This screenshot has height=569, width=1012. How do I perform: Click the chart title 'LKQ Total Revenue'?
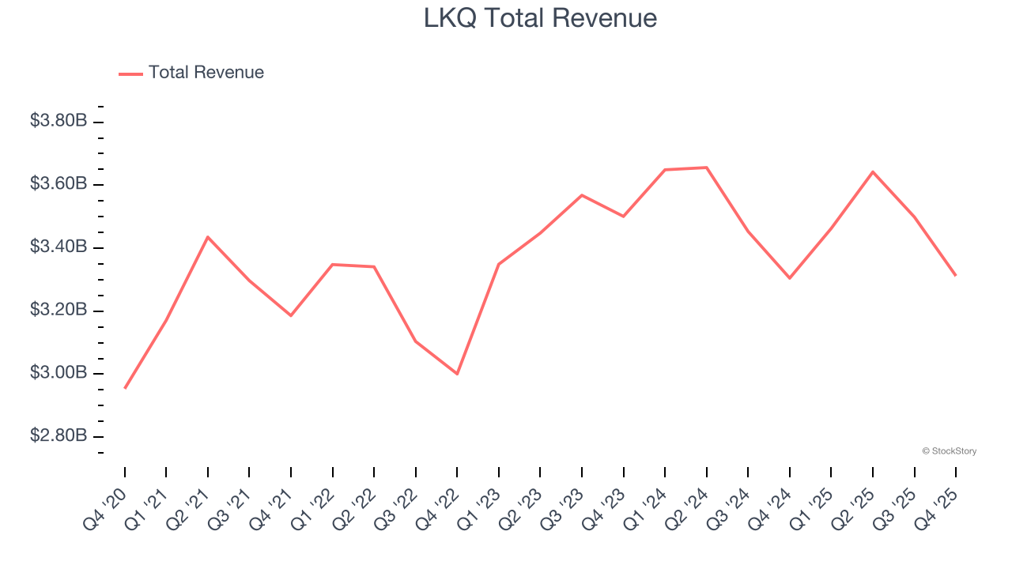click(x=540, y=17)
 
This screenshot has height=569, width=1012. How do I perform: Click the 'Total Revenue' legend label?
click(x=206, y=73)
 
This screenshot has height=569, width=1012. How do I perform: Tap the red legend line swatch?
click(x=130, y=73)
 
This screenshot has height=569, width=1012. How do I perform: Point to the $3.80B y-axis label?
click(x=58, y=121)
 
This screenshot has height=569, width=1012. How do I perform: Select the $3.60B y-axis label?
click(x=58, y=184)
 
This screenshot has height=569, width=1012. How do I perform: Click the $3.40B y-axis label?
click(x=58, y=247)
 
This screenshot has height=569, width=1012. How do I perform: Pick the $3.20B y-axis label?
click(x=58, y=310)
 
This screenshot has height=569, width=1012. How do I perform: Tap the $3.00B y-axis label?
click(x=58, y=373)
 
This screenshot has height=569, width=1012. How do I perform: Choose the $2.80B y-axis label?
click(x=58, y=436)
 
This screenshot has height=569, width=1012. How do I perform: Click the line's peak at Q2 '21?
click(x=208, y=237)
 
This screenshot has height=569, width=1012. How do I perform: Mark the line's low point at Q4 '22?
click(x=457, y=374)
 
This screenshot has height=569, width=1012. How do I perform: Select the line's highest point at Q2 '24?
click(x=706, y=168)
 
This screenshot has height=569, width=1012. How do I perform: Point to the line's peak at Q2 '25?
click(x=873, y=171)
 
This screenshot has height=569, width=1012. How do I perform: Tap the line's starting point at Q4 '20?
click(x=125, y=388)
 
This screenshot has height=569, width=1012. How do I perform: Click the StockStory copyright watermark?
click(x=949, y=451)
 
